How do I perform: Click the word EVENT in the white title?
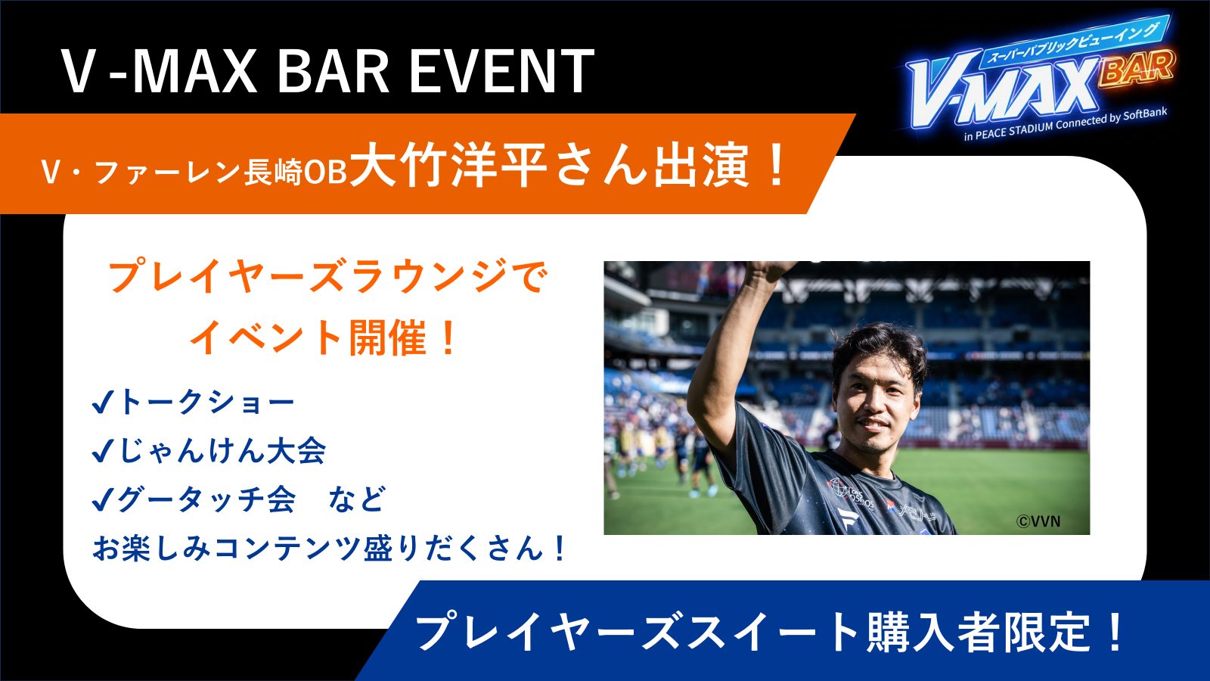[x=502, y=71]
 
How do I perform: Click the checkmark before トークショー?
[x=102, y=403]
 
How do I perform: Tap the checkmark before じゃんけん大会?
[x=102, y=451]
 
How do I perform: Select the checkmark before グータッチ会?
[x=102, y=499]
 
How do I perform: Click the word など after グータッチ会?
[x=357, y=499]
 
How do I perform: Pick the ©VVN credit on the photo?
[x=1038, y=521]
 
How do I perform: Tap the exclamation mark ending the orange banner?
[x=777, y=166]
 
